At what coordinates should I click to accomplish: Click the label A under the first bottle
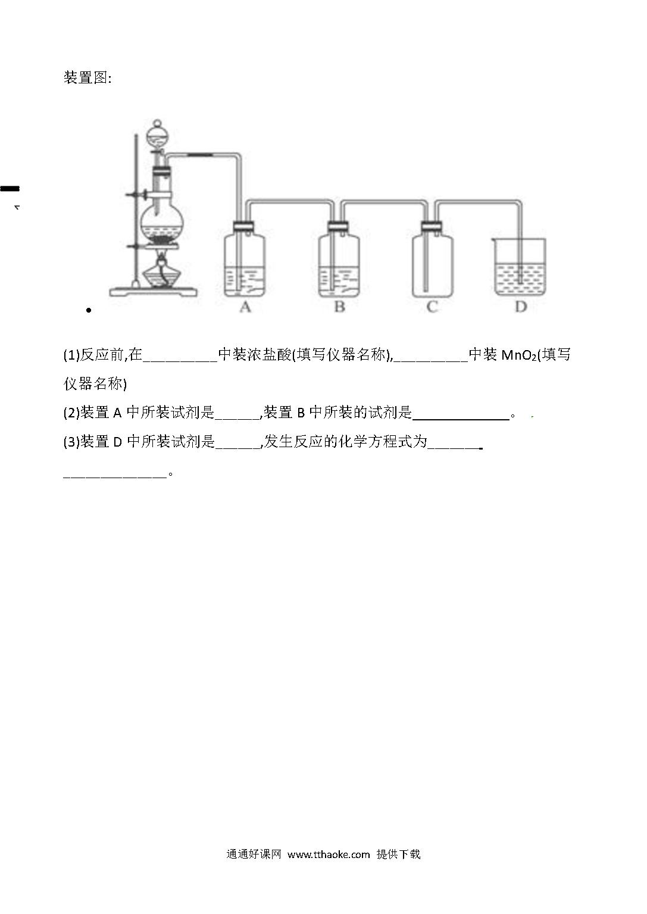point(245,307)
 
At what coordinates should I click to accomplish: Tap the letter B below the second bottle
point(340,307)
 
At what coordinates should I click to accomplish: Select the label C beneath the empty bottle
point(432,307)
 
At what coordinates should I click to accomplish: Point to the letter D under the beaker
point(521,307)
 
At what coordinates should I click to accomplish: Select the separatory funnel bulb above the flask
point(158,137)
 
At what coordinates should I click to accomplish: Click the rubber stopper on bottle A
point(243,226)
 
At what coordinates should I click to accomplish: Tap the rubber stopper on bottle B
point(338,226)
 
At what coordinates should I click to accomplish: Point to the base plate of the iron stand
point(153,292)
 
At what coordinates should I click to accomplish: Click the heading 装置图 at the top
point(87,77)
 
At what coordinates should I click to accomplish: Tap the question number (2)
point(71,413)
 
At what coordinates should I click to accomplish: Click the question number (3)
point(71,441)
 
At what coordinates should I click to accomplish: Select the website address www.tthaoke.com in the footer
point(329,854)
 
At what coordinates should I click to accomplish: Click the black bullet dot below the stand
point(89,310)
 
